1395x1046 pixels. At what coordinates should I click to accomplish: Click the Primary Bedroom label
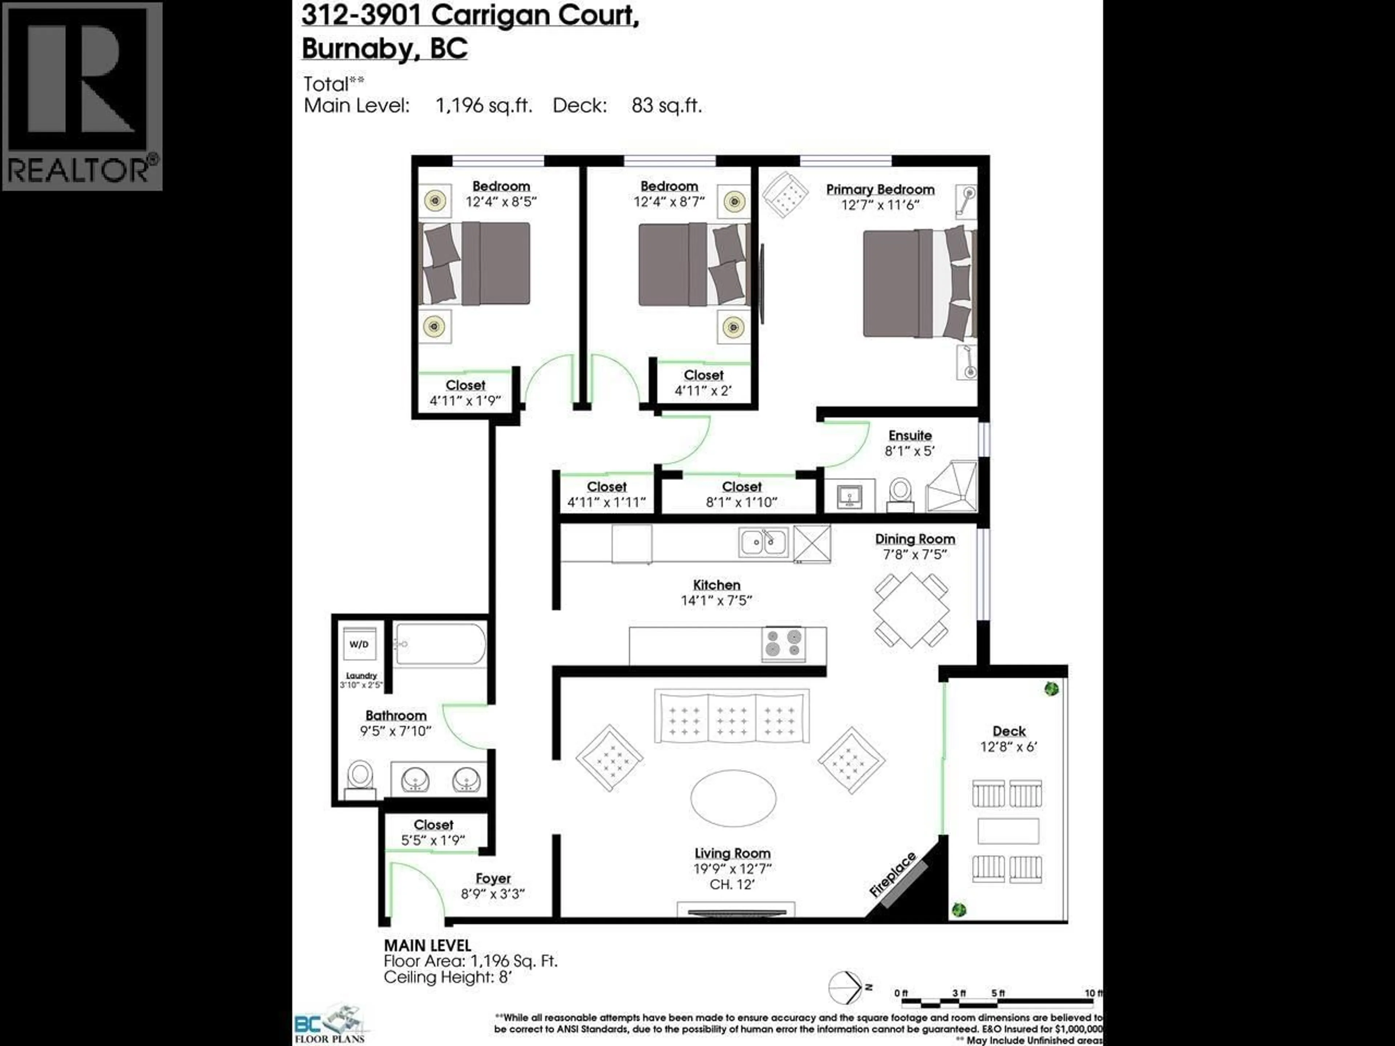(880, 189)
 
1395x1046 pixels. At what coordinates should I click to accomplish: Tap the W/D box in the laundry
(359, 644)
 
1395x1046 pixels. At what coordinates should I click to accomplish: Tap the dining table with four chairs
(911, 610)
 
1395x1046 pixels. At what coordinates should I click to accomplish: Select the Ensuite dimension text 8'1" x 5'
(909, 451)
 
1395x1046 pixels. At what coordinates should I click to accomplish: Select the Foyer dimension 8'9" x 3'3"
(493, 894)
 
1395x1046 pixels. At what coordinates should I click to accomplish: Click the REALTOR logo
(82, 96)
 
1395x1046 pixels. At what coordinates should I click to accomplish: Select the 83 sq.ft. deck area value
(666, 105)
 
